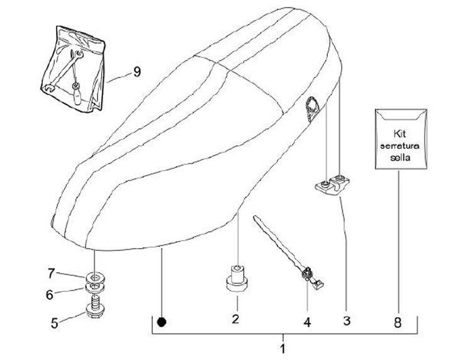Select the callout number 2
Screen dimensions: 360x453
click(x=235, y=319)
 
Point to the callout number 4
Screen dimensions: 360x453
click(x=307, y=322)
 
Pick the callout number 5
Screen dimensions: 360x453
click(x=54, y=323)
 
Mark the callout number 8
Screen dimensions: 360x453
click(x=398, y=322)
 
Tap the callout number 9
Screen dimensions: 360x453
click(x=136, y=72)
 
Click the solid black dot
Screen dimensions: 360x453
click(x=162, y=322)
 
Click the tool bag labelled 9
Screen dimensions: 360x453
click(x=75, y=65)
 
